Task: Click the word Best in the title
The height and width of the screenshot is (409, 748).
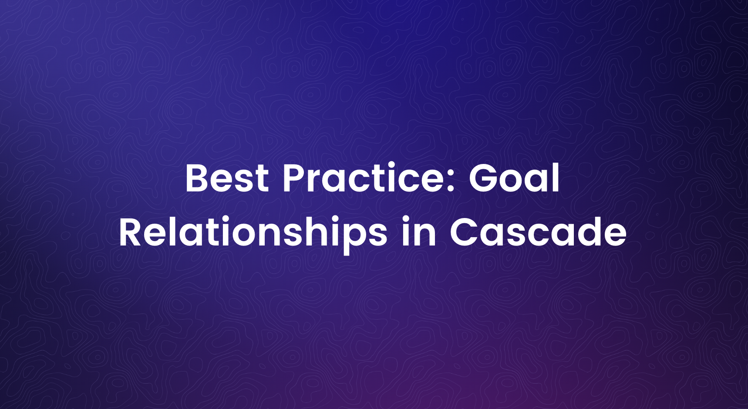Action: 227,178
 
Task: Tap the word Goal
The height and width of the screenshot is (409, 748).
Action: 514,178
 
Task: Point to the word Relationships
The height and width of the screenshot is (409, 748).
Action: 253,232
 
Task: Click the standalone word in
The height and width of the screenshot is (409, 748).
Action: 418,232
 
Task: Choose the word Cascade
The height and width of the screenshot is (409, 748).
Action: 538,232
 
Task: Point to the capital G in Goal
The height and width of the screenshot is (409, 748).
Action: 484,178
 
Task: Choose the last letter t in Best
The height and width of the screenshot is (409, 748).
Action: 262,180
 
